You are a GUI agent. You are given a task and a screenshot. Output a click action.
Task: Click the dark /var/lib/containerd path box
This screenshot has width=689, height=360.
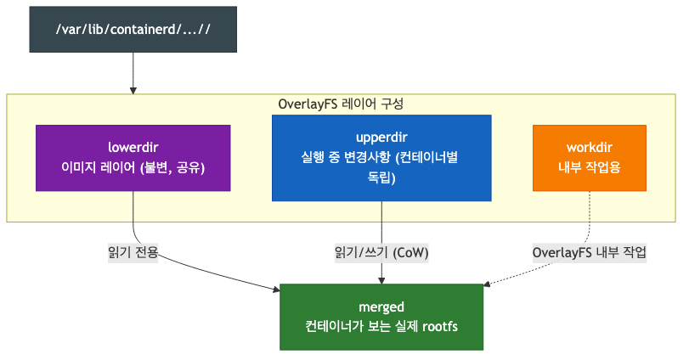click(133, 30)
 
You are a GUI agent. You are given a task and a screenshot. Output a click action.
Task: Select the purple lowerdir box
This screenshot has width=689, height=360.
click(133, 157)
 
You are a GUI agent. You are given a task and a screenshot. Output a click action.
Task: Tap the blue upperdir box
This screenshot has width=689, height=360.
click(381, 158)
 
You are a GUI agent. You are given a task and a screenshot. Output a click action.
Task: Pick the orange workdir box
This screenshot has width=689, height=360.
click(589, 157)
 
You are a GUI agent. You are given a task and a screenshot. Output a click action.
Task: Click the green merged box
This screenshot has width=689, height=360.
click(381, 317)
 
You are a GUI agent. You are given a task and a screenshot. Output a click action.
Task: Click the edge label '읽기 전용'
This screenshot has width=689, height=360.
click(133, 252)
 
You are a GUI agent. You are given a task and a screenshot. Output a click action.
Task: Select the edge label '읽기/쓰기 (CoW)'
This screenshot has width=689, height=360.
click(381, 252)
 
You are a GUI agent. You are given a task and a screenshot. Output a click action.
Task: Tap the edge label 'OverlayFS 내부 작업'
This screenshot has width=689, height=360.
click(589, 252)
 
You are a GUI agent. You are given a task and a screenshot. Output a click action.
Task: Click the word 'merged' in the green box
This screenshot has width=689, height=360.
click(381, 307)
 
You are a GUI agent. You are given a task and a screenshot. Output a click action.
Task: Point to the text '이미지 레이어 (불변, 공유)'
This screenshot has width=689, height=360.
click(133, 167)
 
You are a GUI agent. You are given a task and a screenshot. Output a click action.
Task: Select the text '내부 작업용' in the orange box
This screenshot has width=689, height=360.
click(589, 167)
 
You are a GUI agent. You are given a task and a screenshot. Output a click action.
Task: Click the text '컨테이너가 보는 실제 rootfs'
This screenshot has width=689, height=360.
click(381, 327)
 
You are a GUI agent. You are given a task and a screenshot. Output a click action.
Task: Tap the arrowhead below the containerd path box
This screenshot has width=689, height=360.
click(133, 89)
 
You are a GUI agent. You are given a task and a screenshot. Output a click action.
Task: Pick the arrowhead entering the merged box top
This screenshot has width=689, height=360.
click(381, 279)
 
